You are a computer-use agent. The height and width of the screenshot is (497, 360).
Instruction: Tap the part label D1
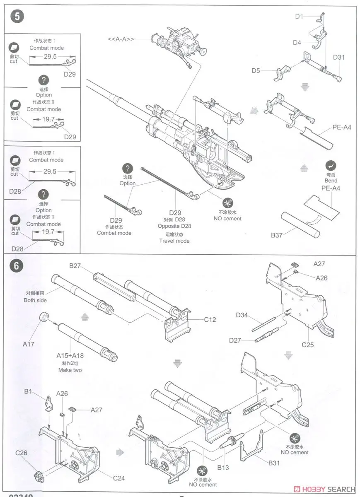(299, 16)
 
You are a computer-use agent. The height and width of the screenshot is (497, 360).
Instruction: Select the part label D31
(338, 58)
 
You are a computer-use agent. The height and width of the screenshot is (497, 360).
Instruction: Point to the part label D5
(256, 70)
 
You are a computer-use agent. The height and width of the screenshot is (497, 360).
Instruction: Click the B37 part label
(276, 235)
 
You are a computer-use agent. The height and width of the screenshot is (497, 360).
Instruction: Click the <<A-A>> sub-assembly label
(121, 39)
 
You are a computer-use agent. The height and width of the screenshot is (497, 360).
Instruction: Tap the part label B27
(75, 265)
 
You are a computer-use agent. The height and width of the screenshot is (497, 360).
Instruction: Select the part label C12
(210, 319)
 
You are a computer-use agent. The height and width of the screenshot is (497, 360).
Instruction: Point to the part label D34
(242, 316)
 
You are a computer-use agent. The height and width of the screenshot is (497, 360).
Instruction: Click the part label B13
(223, 468)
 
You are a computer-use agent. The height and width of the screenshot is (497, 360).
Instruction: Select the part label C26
(21, 453)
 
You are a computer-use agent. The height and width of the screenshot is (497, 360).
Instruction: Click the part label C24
(119, 478)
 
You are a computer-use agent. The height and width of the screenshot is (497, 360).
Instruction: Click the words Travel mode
(174, 241)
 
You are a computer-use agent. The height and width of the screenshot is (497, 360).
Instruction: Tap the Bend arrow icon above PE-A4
(331, 165)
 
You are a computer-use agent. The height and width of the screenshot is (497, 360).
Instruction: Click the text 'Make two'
(70, 370)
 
